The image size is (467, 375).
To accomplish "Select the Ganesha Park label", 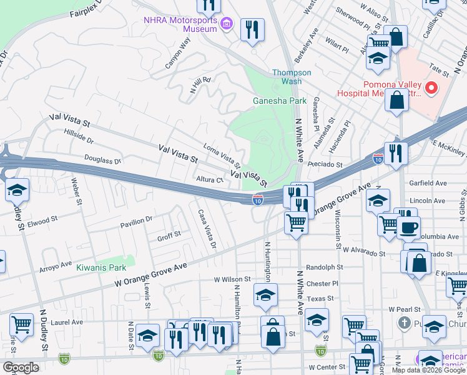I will click(x=279, y=101).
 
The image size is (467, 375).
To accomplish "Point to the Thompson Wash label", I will click(x=291, y=77).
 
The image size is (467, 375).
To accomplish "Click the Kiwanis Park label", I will click(x=101, y=267).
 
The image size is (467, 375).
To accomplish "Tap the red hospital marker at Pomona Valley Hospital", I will click(x=431, y=89).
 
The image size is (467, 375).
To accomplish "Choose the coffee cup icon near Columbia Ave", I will click(x=408, y=227).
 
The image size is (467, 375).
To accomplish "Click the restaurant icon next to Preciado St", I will click(x=395, y=153).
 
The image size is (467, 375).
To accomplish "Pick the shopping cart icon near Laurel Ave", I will click(x=21, y=326).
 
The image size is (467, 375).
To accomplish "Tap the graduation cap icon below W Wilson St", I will click(x=265, y=294).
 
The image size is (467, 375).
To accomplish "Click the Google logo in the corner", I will click(x=21, y=367).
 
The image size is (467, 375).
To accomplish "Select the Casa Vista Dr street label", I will click(x=207, y=228).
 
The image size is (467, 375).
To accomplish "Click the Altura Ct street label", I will click(x=210, y=179).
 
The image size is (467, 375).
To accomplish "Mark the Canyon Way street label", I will click(x=177, y=54).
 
